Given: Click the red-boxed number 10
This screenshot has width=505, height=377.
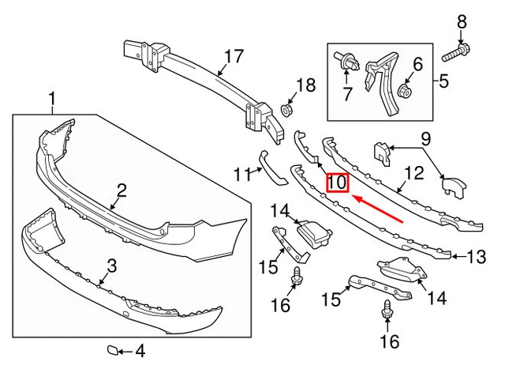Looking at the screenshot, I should pos(337,183).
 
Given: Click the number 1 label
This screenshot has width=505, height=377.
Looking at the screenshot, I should pos(54,100).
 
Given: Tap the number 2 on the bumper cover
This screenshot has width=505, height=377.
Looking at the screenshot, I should pos(122,190).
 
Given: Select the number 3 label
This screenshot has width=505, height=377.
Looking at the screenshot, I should pos(111,266).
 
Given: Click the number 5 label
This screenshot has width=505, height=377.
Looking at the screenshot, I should pos(443,80).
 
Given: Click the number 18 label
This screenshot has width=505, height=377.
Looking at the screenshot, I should pos(305,85).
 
